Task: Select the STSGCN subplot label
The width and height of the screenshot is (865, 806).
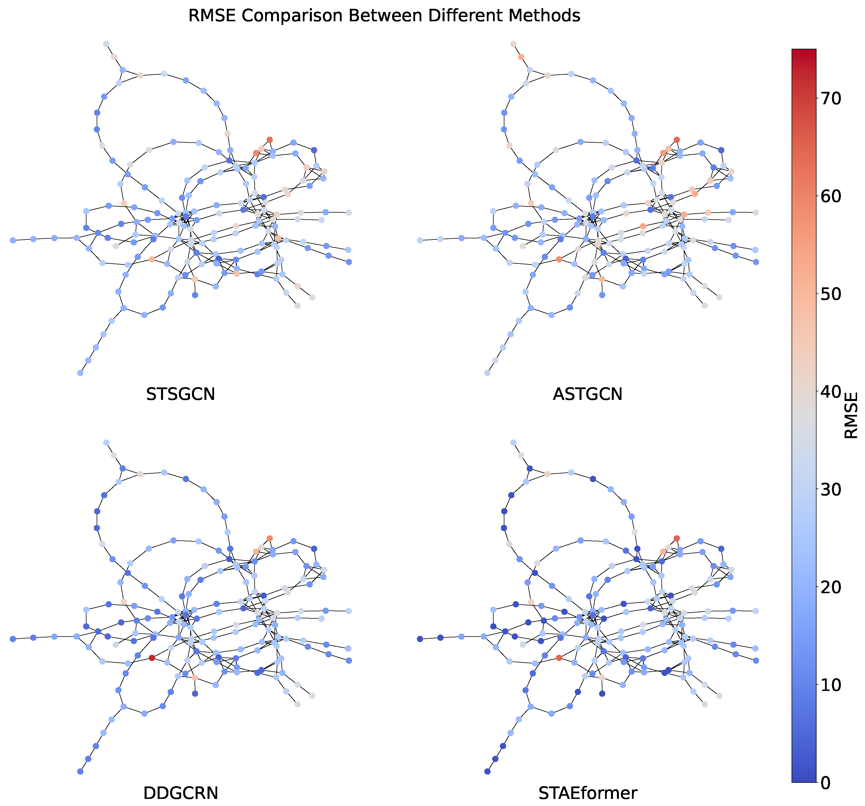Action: pos(181,394)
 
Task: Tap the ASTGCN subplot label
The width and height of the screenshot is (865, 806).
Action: pos(587,394)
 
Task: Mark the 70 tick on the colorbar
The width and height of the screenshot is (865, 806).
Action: pos(831,99)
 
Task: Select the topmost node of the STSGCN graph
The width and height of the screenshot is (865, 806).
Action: pos(106,44)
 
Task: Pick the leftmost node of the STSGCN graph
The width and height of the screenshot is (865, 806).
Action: pos(13,240)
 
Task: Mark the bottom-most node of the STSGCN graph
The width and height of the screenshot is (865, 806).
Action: pos(80,373)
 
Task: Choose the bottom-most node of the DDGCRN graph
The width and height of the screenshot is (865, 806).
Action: pos(80,771)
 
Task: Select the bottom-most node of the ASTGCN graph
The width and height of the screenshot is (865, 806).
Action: pos(487,373)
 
